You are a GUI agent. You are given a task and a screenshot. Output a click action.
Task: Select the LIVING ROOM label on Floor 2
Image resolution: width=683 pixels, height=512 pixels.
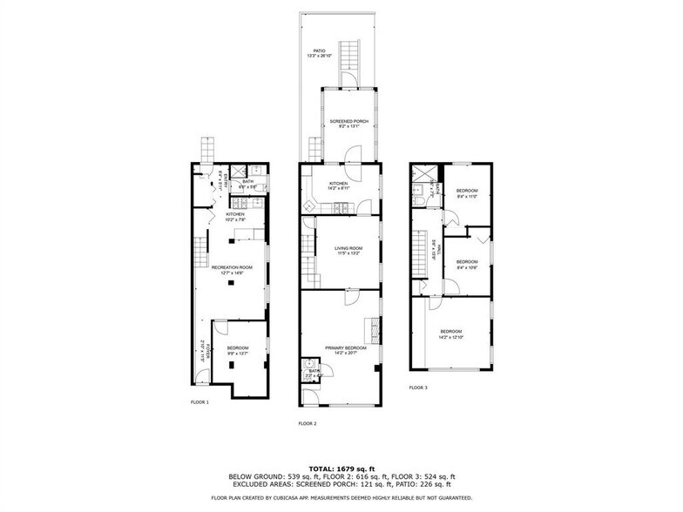(348, 250)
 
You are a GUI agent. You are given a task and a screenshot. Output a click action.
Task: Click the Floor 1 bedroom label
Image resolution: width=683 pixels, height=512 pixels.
(238, 349)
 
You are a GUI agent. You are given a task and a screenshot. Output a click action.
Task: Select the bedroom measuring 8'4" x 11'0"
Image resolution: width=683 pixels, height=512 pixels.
(468, 193)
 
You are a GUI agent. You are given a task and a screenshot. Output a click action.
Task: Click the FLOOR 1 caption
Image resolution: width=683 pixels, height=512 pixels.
(199, 401)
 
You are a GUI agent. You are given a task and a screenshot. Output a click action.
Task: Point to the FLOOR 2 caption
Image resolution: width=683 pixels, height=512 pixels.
(307, 422)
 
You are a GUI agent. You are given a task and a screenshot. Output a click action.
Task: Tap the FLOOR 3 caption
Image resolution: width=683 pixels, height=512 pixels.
(418, 387)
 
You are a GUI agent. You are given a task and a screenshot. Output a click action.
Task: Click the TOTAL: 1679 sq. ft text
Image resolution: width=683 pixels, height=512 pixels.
(341, 468)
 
